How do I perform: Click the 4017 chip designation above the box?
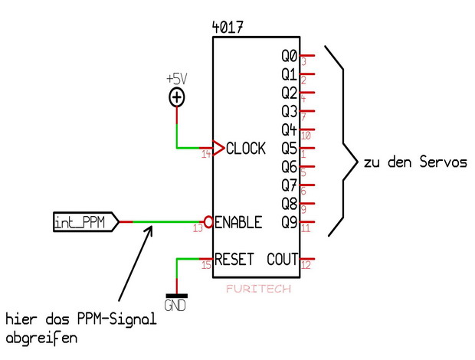(x=228, y=28)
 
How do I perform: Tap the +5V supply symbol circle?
(x=177, y=97)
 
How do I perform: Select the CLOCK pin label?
(x=246, y=148)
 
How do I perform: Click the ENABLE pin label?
(x=238, y=222)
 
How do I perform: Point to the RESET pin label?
(x=234, y=259)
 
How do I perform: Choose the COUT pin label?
(x=282, y=259)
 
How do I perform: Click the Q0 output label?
(x=289, y=56)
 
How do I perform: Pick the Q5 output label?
(x=289, y=148)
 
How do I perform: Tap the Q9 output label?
(x=289, y=222)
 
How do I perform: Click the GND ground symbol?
(x=177, y=299)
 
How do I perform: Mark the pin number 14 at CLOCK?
(x=206, y=155)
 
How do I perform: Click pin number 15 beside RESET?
(x=206, y=266)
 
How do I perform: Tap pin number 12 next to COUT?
(x=305, y=266)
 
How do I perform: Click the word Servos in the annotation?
(x=443, y=162)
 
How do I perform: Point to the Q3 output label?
(x=289, y=111)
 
